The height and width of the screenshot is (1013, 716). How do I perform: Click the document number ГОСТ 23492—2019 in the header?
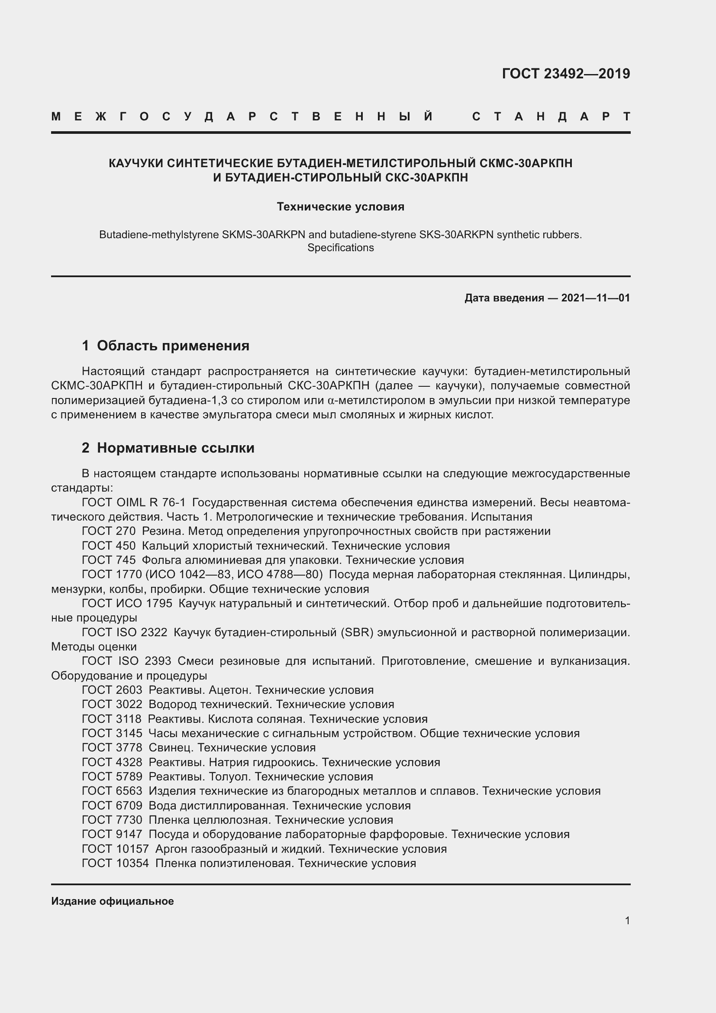point(566,73)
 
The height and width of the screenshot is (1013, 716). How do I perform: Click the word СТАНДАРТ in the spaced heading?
point(551,117)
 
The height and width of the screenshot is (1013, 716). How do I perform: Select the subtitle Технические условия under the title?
point(340,207)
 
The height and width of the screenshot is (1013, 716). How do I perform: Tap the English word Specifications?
point(340,248)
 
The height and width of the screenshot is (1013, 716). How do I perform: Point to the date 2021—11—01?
point(595,298)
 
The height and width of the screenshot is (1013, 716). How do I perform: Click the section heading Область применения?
point(173,346)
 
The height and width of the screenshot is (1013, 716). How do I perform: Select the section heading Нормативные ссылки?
point(175,448)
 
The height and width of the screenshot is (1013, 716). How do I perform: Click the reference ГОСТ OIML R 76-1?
point(134,502)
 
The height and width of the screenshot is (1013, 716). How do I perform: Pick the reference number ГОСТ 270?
point(109,531)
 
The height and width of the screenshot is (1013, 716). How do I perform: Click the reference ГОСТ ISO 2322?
point(124,632)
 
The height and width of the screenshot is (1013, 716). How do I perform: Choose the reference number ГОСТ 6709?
point(112,806)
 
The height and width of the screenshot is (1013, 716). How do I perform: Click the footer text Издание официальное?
point(113,901)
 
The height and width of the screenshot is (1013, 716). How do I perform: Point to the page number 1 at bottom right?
point(627,920)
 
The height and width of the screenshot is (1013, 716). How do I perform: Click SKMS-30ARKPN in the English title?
point(263,235)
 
